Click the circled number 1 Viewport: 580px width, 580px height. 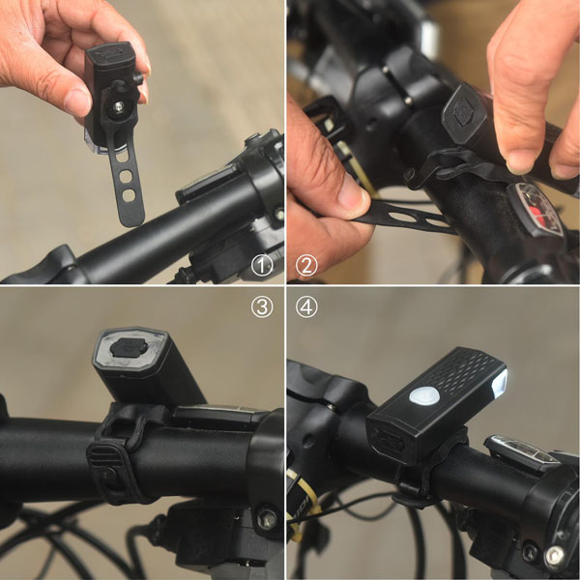[262, 265]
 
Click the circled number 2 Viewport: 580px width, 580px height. [306, 265]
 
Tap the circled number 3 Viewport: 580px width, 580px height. [262, 306]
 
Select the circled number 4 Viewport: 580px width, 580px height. [306, 306]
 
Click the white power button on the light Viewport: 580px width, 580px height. [424, 395]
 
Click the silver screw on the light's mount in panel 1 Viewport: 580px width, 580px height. [118, 107]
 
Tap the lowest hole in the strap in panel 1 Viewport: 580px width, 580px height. [129, 195]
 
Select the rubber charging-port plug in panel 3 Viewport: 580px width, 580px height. [130, 348]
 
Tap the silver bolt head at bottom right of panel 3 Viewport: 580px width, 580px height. [267, 518]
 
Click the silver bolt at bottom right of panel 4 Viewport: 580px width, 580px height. [556, 555]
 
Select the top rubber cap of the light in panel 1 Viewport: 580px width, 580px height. [109, 53]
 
